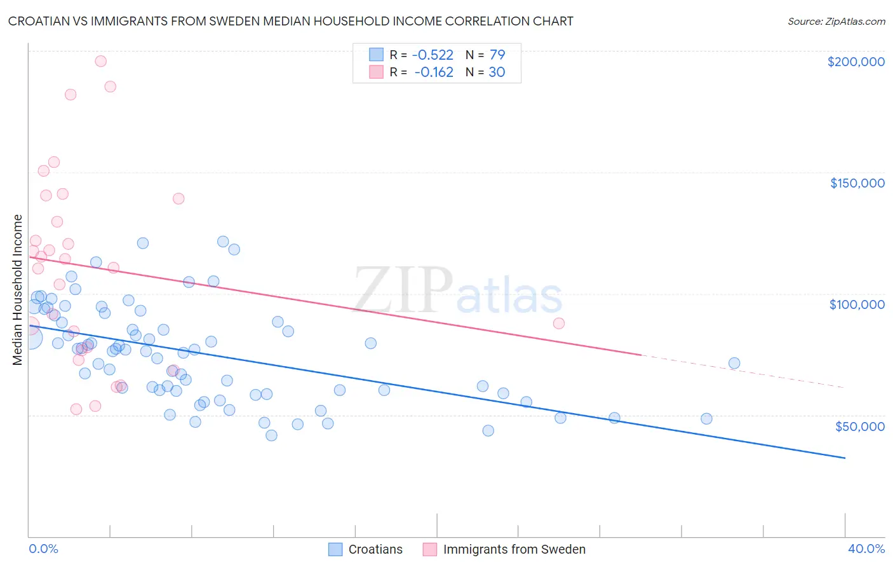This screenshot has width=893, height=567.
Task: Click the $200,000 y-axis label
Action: point(856,62)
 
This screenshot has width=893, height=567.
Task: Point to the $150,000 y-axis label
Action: point(857,183)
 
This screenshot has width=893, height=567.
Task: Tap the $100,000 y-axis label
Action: point(857,304)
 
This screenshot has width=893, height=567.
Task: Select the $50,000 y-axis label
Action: point(859,426)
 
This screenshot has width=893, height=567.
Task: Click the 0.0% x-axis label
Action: point(43,549)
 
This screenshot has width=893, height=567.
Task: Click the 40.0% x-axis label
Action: point(866,549)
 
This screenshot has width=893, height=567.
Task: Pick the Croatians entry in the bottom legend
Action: point(375,549)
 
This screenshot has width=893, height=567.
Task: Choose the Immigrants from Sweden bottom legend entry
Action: point(514,549)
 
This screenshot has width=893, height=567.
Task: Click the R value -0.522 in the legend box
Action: point(433,55)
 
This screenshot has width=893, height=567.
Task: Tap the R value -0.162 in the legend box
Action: point(433,72)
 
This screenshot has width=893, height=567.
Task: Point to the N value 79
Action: point(497,55)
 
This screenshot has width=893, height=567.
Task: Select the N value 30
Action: point(497,72)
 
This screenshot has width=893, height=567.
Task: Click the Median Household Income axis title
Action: point(18,290)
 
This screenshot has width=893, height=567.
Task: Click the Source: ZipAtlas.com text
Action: point(836,22)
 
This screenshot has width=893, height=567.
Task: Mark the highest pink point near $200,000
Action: point(100,62)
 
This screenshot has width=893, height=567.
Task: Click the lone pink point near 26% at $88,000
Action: point(559,323)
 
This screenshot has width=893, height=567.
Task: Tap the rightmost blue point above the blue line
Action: point(734,364)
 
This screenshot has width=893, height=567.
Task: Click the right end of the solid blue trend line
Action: point(845,458)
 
